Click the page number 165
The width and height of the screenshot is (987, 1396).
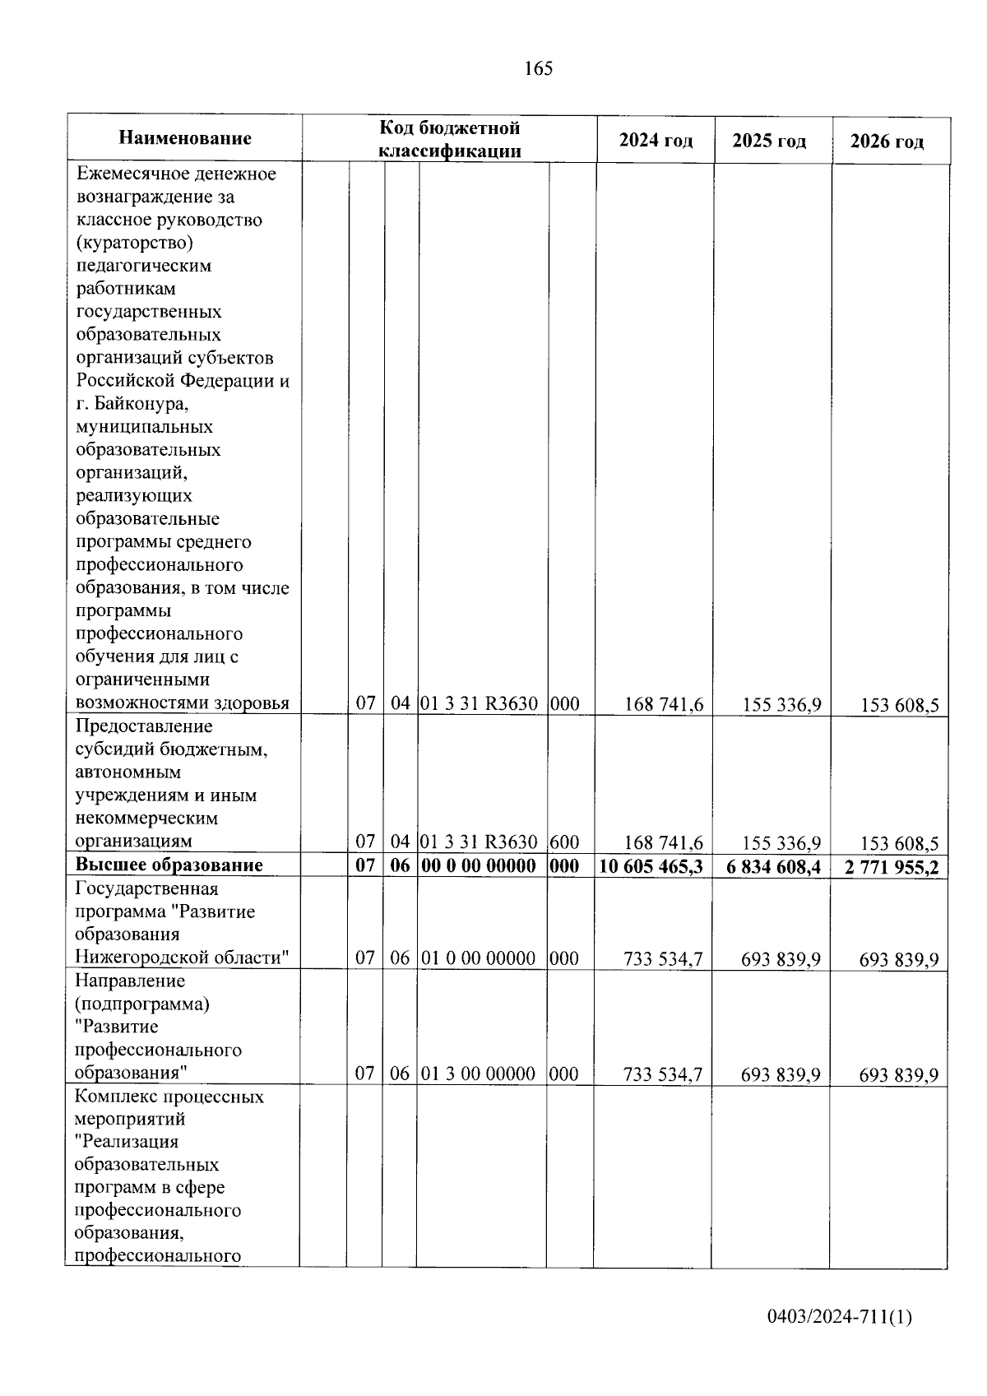coord(539,69)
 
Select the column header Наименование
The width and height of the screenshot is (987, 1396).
coord(185,138)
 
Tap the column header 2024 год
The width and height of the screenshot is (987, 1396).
coord(656,141)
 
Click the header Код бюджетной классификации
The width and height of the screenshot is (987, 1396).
coord(449,139)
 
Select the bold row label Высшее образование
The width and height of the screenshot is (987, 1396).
coord(169,865)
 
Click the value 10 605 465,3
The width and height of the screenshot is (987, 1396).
coord(651,866)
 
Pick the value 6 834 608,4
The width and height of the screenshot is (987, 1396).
coord(773,867)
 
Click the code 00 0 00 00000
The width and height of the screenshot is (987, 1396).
coord(479,865)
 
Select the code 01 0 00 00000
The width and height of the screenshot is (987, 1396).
coord(479,958)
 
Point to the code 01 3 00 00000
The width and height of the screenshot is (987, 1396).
coord(479,1074)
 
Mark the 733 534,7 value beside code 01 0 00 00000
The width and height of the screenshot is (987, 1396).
coord(663,958)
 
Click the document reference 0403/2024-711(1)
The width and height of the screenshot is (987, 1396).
coord(839,1318)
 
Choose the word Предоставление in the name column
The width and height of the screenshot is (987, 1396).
coord(144,726)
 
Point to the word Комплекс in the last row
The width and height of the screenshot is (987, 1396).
coord(114,1097)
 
